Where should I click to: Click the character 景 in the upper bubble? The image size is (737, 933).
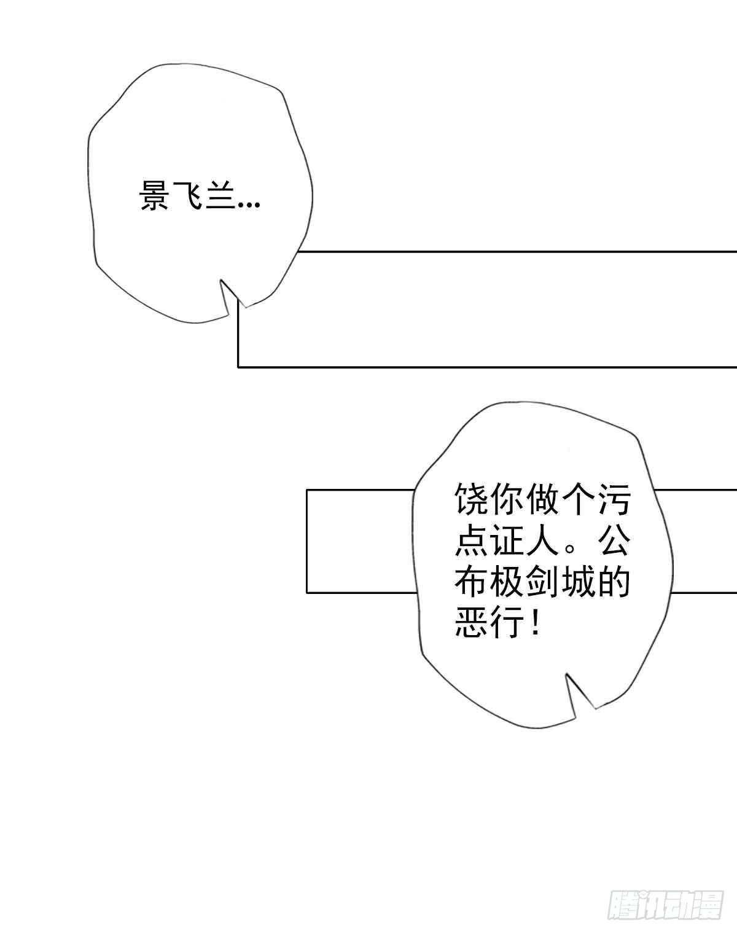point(154,195)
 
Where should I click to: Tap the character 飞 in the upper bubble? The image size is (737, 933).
point(188,195)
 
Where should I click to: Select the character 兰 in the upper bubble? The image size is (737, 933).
point(220,195)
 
